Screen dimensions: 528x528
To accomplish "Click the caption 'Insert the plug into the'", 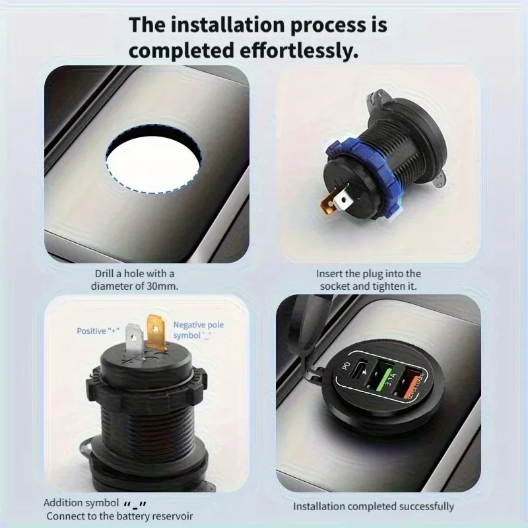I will pyautogui.click(x=368, y=273).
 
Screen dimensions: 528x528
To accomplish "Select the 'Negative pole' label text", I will pyautogui.click(x=199, y=325).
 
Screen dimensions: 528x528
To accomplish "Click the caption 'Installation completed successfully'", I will pyautogui.click(x=374, y=506).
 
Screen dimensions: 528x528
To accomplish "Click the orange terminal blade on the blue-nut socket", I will pyautogui.click(x=331, y=201).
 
